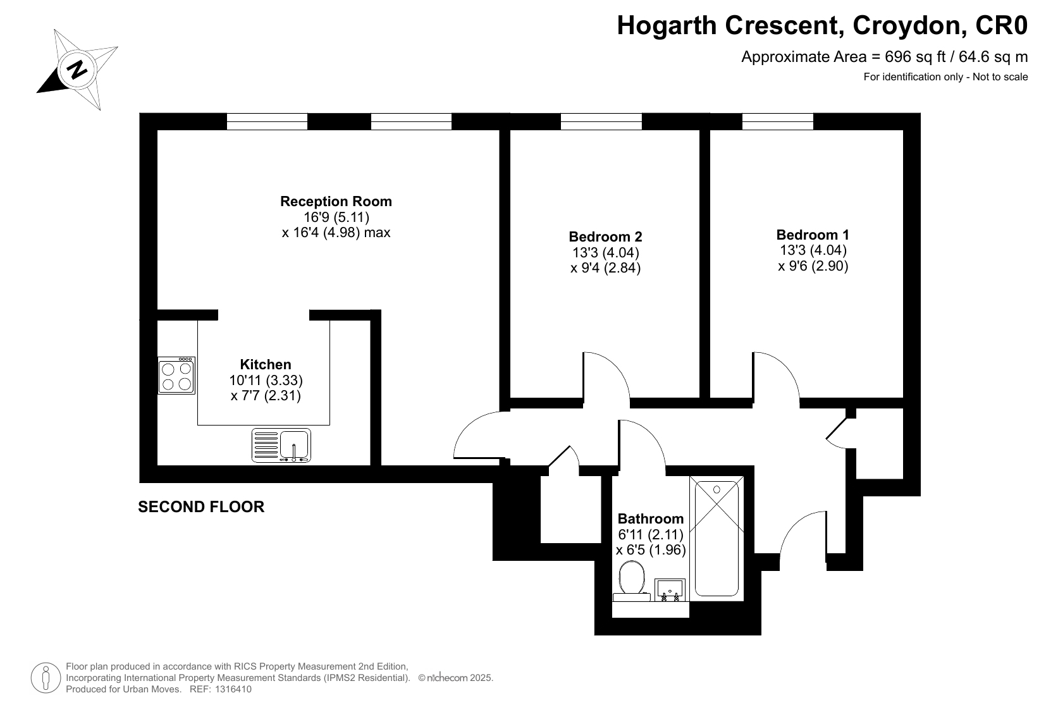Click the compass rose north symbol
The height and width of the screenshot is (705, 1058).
click(x=77, y=70)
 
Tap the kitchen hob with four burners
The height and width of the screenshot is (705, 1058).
click(x=176, y=376)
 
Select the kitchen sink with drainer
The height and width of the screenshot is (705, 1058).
click(x=281, y=445)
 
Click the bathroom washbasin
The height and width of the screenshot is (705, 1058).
click(x=670, y=590)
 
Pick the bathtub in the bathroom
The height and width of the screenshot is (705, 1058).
click(x=717, y=538)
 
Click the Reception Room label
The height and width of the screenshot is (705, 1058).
click(x=336, y=201)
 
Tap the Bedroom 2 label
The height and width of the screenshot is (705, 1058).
click(x=605, y=236)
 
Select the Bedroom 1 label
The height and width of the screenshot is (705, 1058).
click(x=813, y=234)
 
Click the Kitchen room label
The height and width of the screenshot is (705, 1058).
click(x=266, y=364)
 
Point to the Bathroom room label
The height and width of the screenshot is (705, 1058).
click(x=650, y=518)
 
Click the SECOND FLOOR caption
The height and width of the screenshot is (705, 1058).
click(x=201, y=506)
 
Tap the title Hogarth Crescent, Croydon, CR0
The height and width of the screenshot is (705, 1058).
click(x=822, y=25)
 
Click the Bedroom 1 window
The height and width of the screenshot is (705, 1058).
click(x=777, y=121)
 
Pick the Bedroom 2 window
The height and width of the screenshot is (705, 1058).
click(x=601, y=121)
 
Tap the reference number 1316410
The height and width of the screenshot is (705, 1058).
click(x=233, y=689)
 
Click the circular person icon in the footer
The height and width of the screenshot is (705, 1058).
click(x=46, y=678)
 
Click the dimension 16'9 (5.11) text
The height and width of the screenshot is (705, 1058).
click(x=336, y=217)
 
